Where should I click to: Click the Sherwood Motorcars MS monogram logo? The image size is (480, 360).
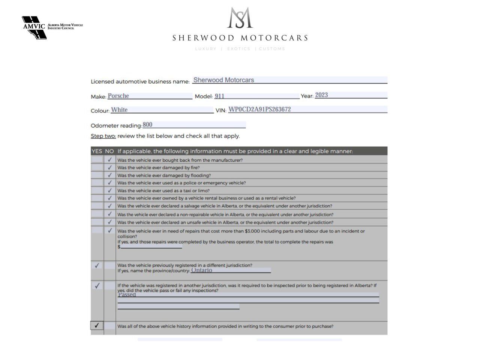(x=240, y=18)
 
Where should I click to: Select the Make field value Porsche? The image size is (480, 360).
(x=118, y=96)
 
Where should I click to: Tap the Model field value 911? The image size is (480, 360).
(x=219, y=96)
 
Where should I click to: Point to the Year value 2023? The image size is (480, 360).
(x=321, y=95)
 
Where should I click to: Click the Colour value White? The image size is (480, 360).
(x=119, y=110)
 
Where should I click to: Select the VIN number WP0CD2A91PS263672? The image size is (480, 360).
(x=259, y=109)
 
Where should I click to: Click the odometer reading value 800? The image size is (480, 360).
(x=147, y=125)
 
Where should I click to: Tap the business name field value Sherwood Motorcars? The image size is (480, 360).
(x=223, y=80)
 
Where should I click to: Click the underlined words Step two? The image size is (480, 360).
(x=103, y=136)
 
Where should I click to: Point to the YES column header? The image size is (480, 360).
(x=97, y=151)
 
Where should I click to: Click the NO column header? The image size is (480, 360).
(x=109, y=151)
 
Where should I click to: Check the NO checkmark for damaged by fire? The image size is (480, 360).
(x=110, y=168)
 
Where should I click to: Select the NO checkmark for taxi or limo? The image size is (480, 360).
(x=110, y=190)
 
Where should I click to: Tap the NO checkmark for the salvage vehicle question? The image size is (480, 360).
(x=110, y=206)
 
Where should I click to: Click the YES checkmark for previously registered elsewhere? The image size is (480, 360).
(x=97, y=265)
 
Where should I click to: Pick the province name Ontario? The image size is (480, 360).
(x=201, y=270)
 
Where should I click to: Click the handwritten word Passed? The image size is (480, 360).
(x=127, y=295)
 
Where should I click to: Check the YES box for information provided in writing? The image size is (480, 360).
(x=97, y=325)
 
